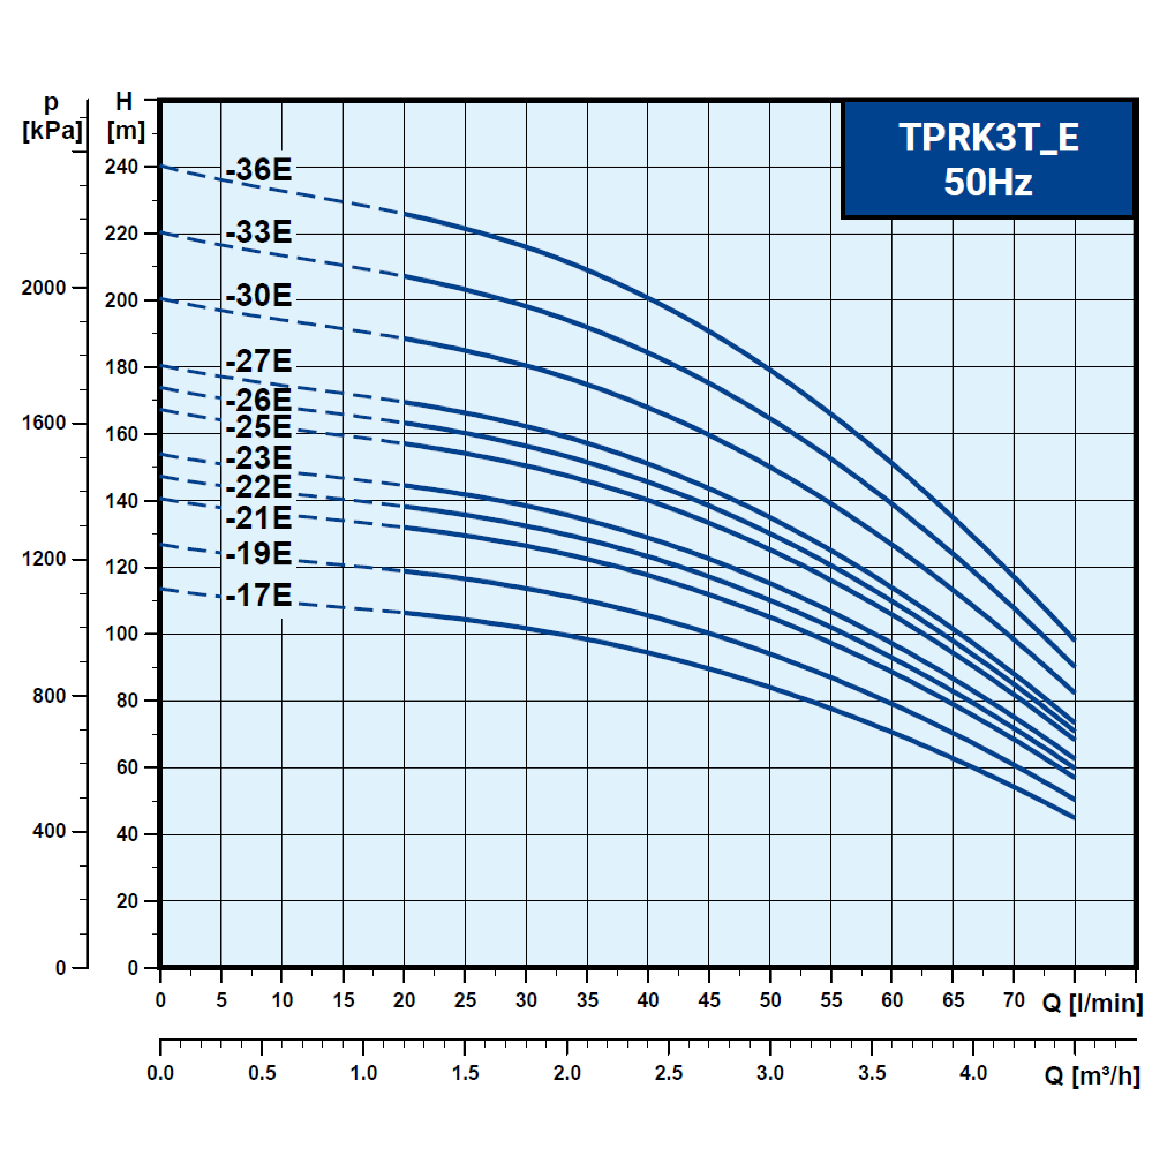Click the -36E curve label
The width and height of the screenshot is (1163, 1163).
click(259, 170)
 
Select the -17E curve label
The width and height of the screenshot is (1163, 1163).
click(259, 595)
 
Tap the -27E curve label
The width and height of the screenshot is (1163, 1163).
click(259, 361)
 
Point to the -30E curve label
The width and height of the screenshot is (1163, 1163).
click(259, 296)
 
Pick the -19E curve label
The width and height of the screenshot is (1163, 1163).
click(259, 553)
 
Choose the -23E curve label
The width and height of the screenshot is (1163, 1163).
click(259, 458)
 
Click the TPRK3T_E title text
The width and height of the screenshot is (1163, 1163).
click(988, 138)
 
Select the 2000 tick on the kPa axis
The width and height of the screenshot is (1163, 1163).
click(43, 288)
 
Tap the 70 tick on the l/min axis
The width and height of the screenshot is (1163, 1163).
click(1014, 1000)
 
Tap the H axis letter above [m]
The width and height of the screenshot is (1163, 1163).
click(124, 102)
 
